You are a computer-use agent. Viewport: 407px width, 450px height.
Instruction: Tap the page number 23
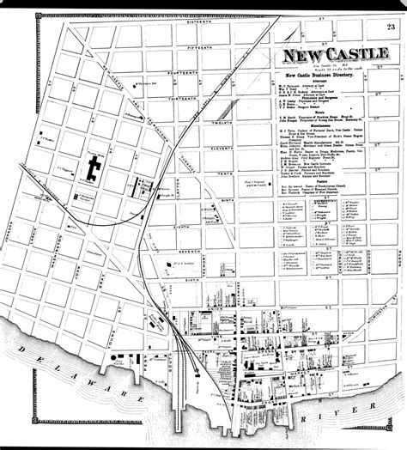[x=392, y=29]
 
